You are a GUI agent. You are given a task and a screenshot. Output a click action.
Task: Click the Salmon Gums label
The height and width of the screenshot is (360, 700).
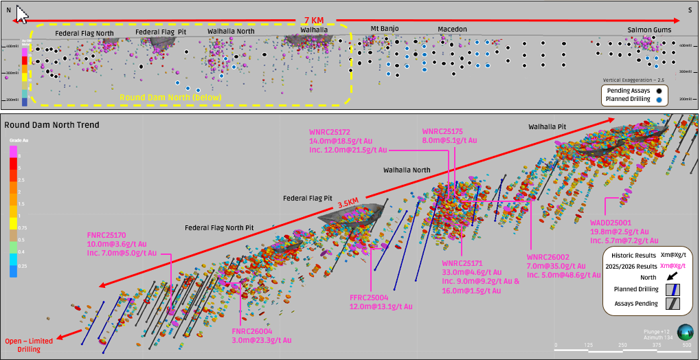point(649,30)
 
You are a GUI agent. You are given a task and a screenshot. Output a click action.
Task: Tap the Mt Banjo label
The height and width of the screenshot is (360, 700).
point(385,28)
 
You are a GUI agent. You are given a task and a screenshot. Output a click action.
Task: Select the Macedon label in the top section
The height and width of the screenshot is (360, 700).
point(452,29)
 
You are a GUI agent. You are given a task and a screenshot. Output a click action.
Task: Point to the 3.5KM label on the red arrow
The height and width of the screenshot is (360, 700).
point(348,205)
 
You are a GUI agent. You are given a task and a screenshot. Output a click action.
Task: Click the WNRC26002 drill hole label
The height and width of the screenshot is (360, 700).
point(548,256)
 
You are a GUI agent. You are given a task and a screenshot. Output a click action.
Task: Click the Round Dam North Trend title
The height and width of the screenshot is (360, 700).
point(52,125)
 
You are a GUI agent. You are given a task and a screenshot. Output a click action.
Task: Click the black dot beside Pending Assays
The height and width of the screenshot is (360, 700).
point(659,90)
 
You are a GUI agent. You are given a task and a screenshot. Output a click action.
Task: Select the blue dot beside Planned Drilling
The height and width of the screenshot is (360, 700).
point(659,100)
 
